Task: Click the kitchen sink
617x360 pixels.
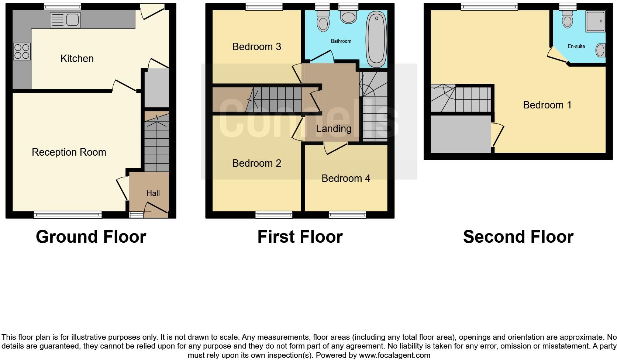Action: [65, 20]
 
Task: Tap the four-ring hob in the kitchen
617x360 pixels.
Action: [22, 52]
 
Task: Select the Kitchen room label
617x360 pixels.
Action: [77, 58]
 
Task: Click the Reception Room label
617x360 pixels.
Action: [69, 152]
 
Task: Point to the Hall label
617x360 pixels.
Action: [153, 193]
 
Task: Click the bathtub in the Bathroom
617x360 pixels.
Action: [376, 39]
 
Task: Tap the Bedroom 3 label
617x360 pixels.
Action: [256, 46]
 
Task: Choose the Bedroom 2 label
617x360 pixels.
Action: [256, 163]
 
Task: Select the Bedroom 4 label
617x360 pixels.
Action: [346, 178]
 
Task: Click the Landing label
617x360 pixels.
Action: [334, 128]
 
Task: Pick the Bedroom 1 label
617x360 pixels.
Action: [547, 105]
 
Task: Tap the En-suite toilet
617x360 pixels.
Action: [568, 19]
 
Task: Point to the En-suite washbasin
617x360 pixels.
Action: [600, 50]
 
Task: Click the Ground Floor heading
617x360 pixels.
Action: [91, 236]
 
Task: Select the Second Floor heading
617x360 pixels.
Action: [518, 236]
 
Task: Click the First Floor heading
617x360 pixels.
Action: [300, 236]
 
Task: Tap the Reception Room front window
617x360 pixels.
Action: [68, 214]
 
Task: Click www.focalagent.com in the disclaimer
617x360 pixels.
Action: [394, 356]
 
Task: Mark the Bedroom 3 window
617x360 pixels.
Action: [264, 6]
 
